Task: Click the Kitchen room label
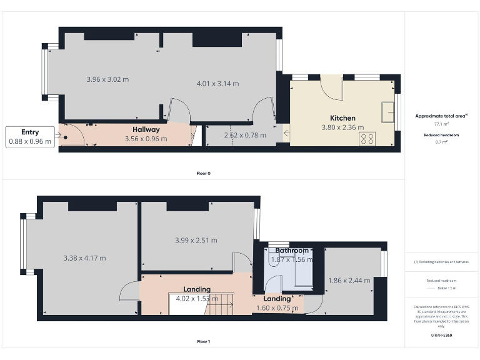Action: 342,117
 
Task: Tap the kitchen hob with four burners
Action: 367,139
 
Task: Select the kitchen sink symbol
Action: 387,111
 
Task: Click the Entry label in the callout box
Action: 30,132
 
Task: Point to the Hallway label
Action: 146,129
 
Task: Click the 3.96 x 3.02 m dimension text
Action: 107,79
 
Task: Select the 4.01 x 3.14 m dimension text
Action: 217,83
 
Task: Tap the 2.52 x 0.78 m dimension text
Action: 245,135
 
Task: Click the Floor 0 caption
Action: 203,173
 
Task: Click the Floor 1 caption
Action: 203,342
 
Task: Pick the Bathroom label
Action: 292,250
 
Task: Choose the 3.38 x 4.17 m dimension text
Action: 84,257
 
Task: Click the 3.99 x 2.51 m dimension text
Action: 196,240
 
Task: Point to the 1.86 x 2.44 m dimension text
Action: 349,280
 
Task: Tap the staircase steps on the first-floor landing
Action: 220,306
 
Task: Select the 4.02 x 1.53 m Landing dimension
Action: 196,298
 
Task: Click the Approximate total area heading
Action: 441,116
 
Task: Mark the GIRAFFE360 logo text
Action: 441,336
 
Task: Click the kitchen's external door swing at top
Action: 331,87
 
